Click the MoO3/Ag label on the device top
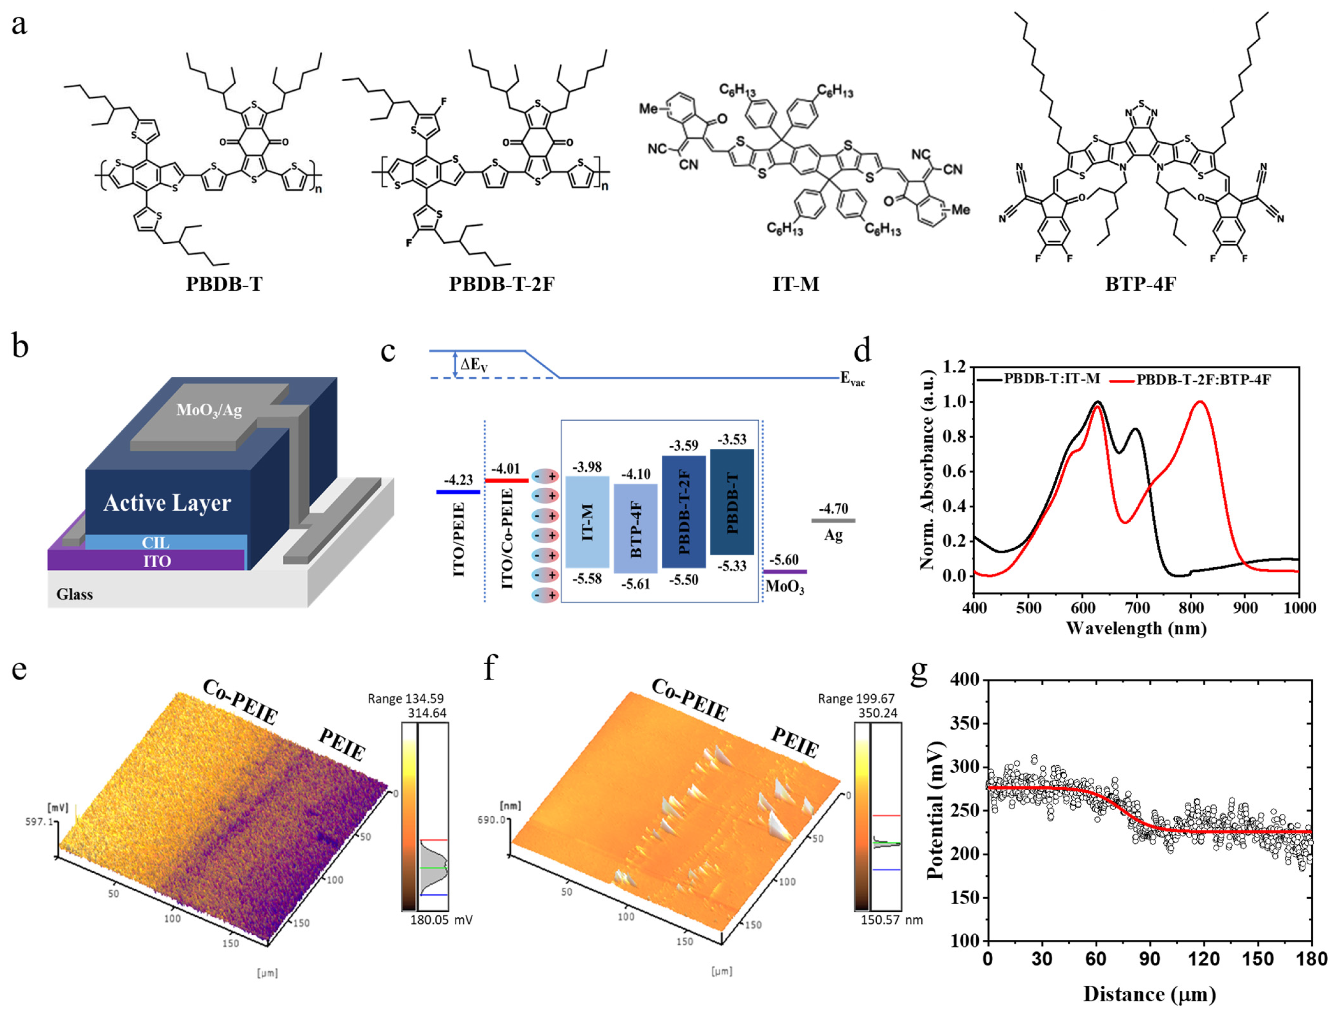point(209,410)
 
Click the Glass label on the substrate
point(74,594)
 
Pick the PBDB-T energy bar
point(732,502)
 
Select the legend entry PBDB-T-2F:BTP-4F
point(1203,380)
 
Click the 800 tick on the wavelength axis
point(1191,607)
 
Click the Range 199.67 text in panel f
point(856,698)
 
